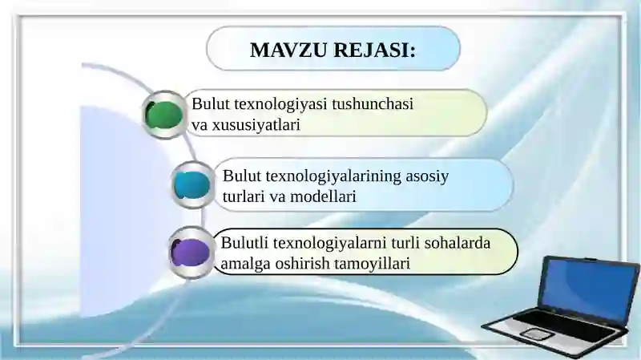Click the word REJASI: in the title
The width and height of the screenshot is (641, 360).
[x=377, y=50]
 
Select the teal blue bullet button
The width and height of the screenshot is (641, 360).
[x=192, y=185]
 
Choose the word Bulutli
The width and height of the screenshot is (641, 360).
[x=244, y=242]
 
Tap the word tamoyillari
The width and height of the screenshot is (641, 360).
[x=377, y=263]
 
